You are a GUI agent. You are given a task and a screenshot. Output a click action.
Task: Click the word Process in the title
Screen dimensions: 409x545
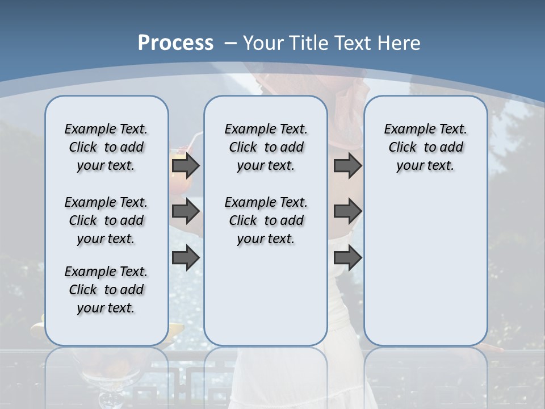point(175,43)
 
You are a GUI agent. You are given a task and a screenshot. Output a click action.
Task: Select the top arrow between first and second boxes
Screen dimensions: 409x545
point(186,165)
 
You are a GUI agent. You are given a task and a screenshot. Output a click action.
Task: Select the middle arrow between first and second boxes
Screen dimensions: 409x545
point(186,211)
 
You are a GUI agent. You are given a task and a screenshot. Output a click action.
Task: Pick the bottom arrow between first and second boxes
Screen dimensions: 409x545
point(186,258)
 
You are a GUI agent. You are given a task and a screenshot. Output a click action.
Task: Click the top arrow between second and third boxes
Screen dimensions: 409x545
point(347,165)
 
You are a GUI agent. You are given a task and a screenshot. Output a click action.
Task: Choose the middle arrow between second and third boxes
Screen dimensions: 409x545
point(347,211)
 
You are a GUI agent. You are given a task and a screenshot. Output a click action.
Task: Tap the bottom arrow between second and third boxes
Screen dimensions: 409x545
point(347,258)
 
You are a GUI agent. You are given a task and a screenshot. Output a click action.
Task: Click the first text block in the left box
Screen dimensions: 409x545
point(106,147)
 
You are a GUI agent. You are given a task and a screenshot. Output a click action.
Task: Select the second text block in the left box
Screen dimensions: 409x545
point(106,220)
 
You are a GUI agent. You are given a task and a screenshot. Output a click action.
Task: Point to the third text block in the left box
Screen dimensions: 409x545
point(106,290)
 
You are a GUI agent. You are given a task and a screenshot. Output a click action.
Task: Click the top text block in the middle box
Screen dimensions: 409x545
point(266,147)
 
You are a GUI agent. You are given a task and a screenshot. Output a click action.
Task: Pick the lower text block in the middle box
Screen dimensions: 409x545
point(266,220)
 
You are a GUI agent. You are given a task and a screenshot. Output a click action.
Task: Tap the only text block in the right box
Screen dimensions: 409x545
point(425,147)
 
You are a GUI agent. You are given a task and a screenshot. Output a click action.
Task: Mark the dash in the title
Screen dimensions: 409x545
point(230,43)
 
